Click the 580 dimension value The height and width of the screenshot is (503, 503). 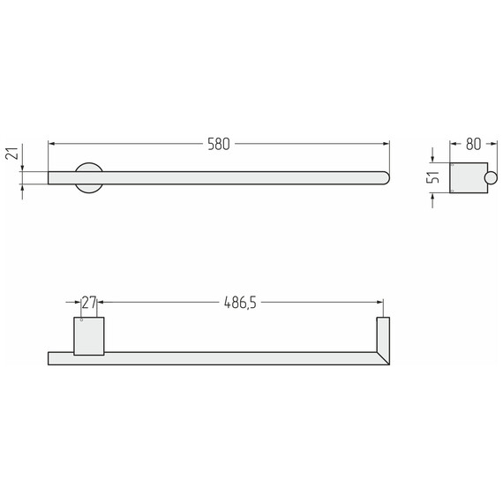[x=219, y=145]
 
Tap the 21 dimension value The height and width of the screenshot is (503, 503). [x=12, y=154]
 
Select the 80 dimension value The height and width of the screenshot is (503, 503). [x=474, y=145]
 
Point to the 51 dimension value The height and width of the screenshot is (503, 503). [x=432, y=177]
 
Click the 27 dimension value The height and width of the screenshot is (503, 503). [x=89, y=303]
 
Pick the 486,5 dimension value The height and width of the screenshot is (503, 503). [x=240, y=303]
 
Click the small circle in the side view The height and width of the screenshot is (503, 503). [x=491, y=178]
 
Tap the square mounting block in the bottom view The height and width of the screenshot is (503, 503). [x=89, y=336]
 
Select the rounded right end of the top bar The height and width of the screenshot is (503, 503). [x=386, y=178]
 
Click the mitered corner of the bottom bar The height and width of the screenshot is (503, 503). [x=383, y=358]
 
